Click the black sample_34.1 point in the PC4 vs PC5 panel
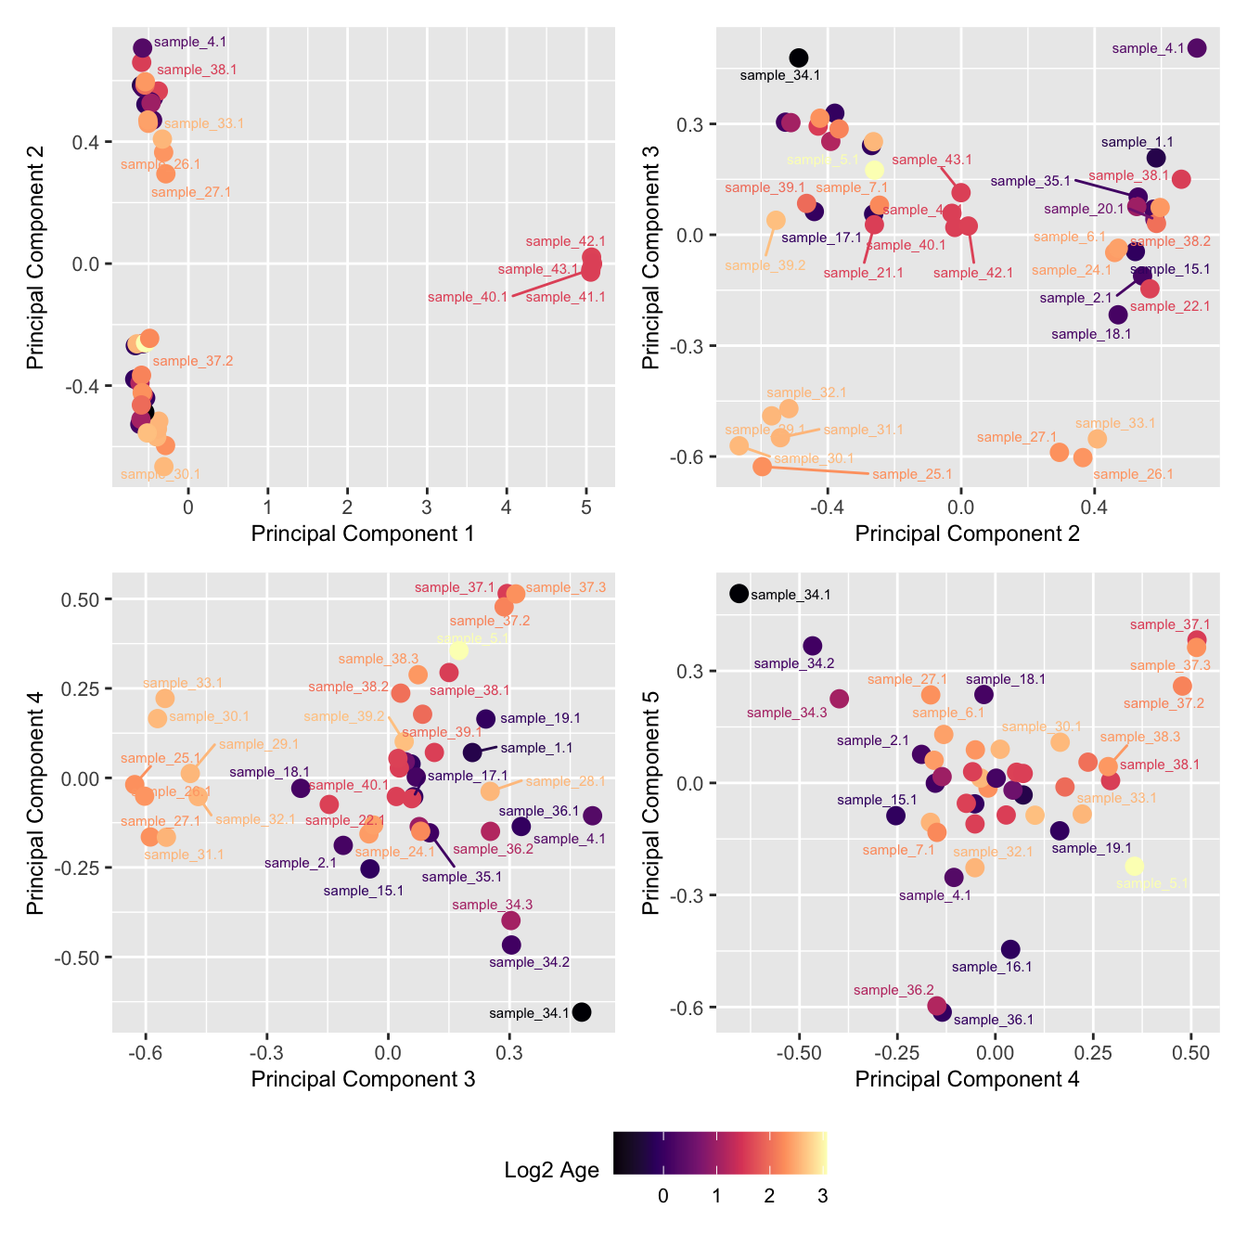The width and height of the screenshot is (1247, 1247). (x=739, y=594)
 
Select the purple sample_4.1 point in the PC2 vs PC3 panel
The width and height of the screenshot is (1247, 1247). (x=1197, y=48)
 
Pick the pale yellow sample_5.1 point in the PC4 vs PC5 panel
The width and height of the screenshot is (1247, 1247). (x=1134, y=866)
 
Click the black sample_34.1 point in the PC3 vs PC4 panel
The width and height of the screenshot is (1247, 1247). (x=582, y=1012)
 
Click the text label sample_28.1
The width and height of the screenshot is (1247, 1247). (x=565, y=781)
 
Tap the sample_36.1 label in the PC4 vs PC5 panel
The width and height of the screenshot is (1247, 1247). (x=993, y=1020)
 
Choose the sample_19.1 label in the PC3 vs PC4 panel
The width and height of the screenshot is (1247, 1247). (x=540, y=718)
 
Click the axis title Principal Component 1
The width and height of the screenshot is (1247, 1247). (x=363, y=534)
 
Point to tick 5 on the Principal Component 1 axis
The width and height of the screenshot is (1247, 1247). (x=586, y=507)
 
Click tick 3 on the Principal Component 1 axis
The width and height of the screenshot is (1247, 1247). (x=427, y=507)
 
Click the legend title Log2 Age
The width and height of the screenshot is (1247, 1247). (x=552, y=1170)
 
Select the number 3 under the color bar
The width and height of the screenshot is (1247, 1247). (x=822, y=1196)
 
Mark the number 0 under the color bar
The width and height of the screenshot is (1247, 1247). (x=662, y=1196)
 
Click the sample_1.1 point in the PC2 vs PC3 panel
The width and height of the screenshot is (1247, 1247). (x=1156, y=158)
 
